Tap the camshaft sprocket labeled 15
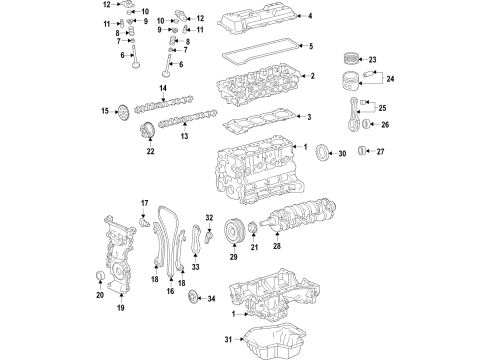(x=121, y=111)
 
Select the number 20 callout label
(x=100, y=296)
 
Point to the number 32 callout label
(x=210, y=218)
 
